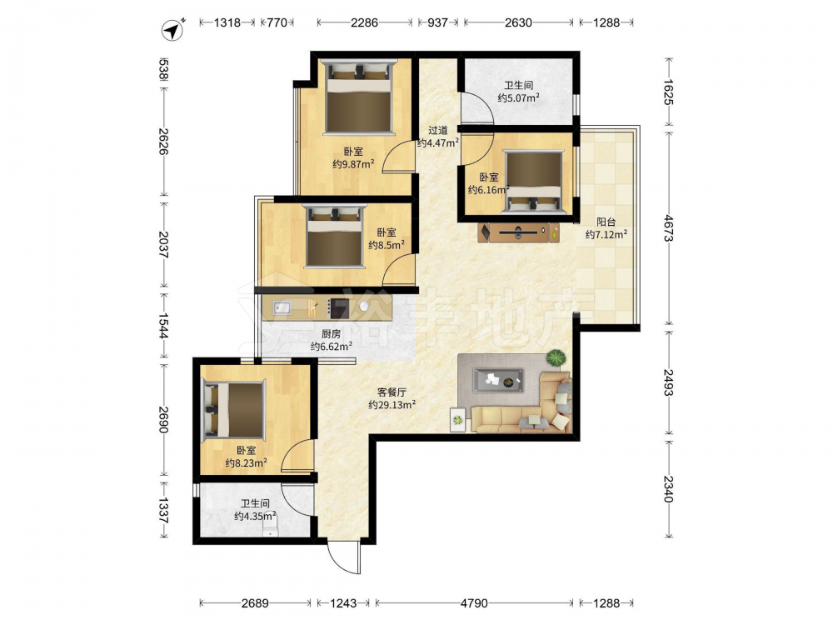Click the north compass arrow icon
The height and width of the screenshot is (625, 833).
(x=172, y=30)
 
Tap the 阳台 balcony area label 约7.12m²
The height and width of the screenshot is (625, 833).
(x=606, y=234)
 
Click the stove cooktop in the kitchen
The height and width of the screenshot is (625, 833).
(x=338, y=307)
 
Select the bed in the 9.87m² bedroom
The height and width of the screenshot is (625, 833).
(x=359, y=96)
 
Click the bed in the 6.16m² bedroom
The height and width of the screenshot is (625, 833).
(x=533, y=182)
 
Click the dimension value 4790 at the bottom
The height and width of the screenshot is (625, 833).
(x=474, y=603)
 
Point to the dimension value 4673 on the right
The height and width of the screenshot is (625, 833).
(x=668, y=228)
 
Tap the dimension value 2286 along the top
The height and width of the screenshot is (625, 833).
(x=365, y=22)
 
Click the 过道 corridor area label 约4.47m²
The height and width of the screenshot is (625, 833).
(x=438, y=142)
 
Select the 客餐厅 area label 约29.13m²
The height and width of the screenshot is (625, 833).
(x=392, y=405)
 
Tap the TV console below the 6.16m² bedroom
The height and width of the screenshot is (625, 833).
(x=519, y=232)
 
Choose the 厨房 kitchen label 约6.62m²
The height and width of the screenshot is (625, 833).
(x=332, y=347)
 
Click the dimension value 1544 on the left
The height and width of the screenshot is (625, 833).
(x=163, y=325)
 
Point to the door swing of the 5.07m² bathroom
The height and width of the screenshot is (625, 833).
(x=477, y=108)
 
